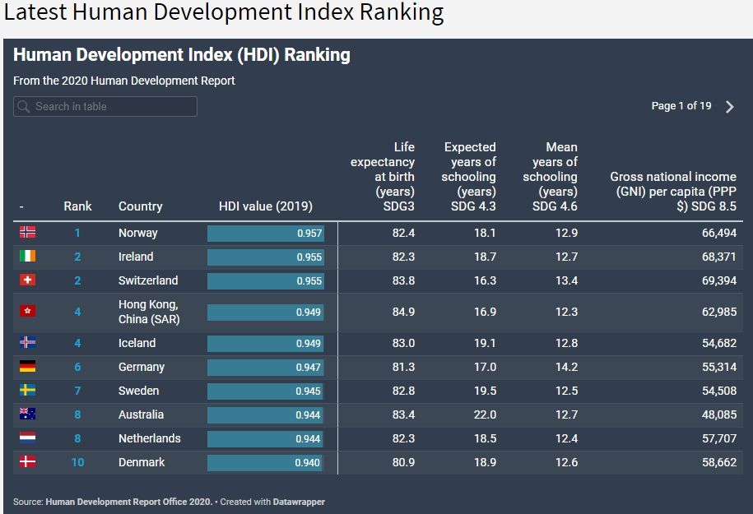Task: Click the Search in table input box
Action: pos(105,106)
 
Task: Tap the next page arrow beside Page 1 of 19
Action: pos(729,107)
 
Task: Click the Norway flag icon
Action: pos(27,233)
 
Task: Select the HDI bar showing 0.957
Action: pos(266,234)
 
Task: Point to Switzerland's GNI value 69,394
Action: pos(715,280)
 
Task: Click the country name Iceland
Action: pos(137,343)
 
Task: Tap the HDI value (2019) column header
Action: pos(266,206)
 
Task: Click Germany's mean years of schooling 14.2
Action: pos(566,367)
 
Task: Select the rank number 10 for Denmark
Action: pos(77,462)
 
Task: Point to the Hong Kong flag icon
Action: pos(27,312)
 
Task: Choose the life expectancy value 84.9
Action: pos(403,312)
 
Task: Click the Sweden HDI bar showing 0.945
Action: pos(266,391)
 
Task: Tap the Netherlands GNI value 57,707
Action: pos(715,438)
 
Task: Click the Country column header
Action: pos(140,206)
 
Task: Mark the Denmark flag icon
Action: pos(27,462)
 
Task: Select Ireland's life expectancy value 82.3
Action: pos(403,257)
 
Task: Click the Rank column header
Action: pos(77,206)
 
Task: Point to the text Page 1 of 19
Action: pos(681,106)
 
